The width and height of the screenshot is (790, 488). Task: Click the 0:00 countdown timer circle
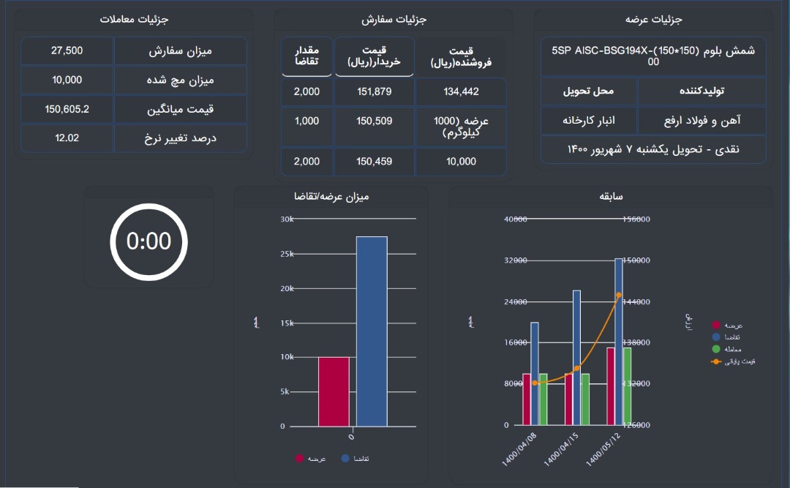[x=148, y=241]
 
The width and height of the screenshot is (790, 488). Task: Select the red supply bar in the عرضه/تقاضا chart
[x=334, y=391]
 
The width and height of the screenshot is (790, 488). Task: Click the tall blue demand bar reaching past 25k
[x=372, y=331]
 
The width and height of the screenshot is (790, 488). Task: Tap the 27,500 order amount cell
[x=67, y=51]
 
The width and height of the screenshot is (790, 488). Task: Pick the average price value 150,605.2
[x=67, y=109]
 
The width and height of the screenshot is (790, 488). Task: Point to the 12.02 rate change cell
[x=67, y=138]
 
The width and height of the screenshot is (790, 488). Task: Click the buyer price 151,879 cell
[x=375, y=91]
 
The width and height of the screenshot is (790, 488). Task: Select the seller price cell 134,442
[x=461, y=91]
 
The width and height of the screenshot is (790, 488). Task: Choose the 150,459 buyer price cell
[x=375, y=161]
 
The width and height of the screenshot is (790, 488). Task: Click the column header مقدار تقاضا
[x=306, y=56]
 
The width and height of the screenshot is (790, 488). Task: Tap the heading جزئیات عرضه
[x=653, y=20]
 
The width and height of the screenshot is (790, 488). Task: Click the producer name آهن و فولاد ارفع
[x=701, y=119]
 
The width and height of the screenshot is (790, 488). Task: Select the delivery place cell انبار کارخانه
[x=589, y=119]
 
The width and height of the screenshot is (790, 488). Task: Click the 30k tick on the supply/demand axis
[x=287, y=219]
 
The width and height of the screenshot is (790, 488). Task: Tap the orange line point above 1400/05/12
[x=619, y=296]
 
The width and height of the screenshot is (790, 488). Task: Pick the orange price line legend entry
[x=731, y=361]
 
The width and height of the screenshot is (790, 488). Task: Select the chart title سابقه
[x=611, y=197]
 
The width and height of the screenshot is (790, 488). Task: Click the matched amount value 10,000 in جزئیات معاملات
[x=67, y=80]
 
